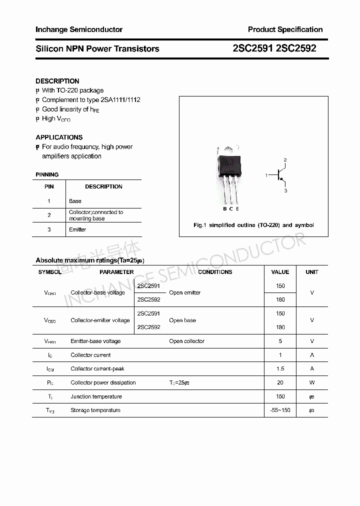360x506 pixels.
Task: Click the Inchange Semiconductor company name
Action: pos(79,29)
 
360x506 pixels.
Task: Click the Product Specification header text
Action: pos(285,29)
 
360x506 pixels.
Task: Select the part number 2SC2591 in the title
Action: pos(252,48)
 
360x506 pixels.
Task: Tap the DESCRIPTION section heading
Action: pos(57,81)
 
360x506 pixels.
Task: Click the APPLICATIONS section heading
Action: pos(59,137)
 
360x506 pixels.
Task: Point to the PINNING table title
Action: pos(47,174)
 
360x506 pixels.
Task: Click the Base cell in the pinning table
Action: pos(75,201)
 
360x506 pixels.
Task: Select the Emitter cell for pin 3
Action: pos(77,229)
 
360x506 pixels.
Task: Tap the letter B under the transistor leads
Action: pos(225,208)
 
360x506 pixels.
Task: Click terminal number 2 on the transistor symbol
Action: pos(285,160)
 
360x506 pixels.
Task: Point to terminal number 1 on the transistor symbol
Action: pos(266,175)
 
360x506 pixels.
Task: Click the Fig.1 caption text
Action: pos(253,225)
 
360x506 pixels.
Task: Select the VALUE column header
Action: pos(280,272)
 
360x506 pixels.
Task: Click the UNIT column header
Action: pos(312,272)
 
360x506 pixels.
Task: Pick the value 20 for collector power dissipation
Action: pos(280,382)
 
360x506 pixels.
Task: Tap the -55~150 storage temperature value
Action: pos(280,410)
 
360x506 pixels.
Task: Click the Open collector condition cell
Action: pos(186,341)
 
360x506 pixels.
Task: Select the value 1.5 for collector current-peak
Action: pos(280,368)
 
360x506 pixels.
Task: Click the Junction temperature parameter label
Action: pos(96,396)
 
